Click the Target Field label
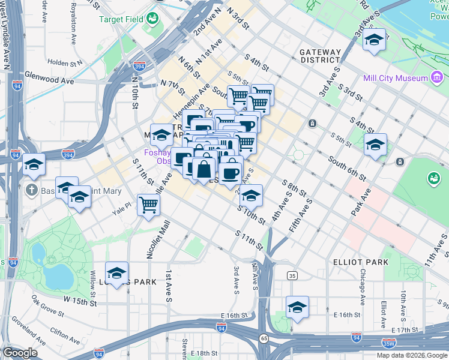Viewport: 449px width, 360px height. pyautogui.click(x=121, y=19)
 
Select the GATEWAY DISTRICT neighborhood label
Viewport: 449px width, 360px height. pyautogui.click(x=320, y=56)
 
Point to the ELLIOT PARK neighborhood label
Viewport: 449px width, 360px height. pyautogui.click(x=360, y=262)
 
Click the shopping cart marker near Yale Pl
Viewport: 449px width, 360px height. pyautogui.click(x=148, y=205)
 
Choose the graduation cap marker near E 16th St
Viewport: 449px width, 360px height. pyautogui.click(x=297, y=307)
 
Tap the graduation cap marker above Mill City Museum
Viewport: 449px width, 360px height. pyautogui.click(x=375, y=40)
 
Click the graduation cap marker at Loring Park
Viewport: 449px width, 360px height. pyautogui.click(x=116, y=272)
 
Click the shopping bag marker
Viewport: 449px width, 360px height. pyautogui.click(x=204, y=169)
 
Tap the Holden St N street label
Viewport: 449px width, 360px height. pyautogui.click(x=65, y=62)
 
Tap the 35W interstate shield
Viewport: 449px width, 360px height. pyautogui.click(x=389, y=344)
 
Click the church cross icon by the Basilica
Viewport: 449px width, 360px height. pyautogui.click(x=32, y=191)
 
